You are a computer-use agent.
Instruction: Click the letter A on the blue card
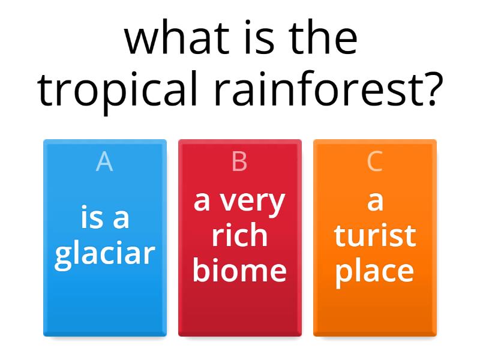[104, 162]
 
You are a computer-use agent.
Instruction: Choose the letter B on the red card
[239, 162]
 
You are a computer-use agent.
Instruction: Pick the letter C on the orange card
[374, 162]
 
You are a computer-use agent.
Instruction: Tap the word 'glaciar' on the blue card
[105, 254]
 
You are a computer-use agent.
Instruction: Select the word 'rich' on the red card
[239, 236]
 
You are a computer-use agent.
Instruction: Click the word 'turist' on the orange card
[375, 236]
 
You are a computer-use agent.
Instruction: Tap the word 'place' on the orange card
[374, 271]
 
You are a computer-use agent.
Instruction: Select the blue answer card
[105, 300]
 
